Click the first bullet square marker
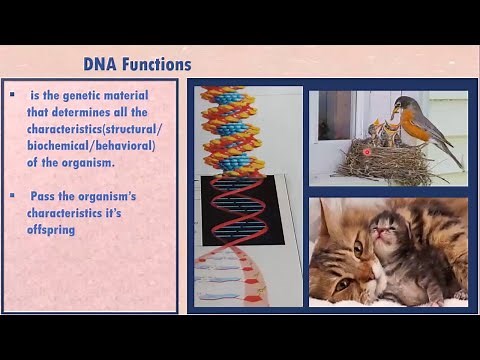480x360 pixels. pos(12,95)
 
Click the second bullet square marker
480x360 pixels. pos(12,196)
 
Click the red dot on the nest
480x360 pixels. pos(367,152)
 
